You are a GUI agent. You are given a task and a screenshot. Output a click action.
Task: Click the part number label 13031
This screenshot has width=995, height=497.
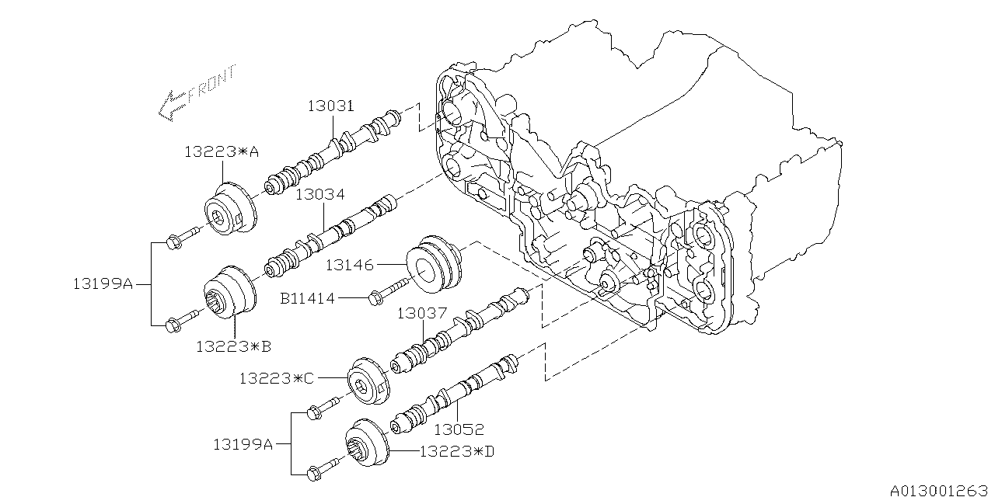pyautogui.click(x=332, y=106)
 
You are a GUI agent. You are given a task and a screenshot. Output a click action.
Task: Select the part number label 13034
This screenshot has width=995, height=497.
pyautogui.click(x=320, y=195)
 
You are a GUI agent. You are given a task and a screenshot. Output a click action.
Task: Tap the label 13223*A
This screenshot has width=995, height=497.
pyautogui.click(x=221, y=153)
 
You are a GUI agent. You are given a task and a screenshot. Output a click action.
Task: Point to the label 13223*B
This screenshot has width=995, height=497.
pyautogui.click(x=233, y=346)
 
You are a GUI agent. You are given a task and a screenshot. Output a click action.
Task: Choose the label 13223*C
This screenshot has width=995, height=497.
pyautogui.click(x=277, y=378)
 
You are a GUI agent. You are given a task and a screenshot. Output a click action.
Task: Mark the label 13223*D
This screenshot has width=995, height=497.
pyautogui.click(x=456, y=450)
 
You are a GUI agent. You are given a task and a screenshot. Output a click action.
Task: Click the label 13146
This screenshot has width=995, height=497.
pyautogui.click(x=349, y=266)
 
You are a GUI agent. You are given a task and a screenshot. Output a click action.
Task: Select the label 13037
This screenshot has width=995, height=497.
pyautogui.click(x=421, y=314)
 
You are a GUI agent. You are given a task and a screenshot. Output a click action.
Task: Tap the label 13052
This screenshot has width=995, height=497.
pyautogui.click(x=459, y=429)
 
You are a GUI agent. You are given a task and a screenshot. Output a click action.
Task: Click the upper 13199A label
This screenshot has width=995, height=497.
pyautogui.click(x=103, y=285)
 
